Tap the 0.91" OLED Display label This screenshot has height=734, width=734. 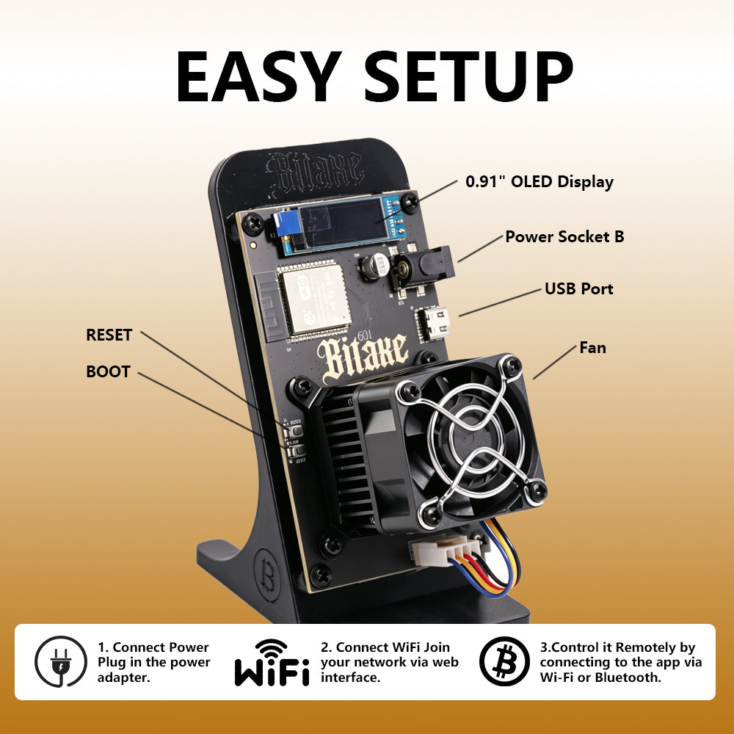point(539,181)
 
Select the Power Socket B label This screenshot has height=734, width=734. point(564,236)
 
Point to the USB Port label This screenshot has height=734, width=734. point(578,288)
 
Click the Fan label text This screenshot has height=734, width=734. point(592,348)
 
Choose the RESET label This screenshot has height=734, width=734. point(109,335)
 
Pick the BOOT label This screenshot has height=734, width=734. point(108,371)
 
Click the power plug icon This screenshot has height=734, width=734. point(61,661)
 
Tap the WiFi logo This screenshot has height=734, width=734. point(272,662)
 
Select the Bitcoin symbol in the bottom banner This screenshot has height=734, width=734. point(504,661)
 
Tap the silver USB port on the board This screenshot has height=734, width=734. point(433,322)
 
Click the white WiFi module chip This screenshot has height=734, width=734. point(316,299)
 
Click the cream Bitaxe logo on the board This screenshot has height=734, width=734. point(362,357)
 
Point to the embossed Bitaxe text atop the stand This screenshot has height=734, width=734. point(314,172)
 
